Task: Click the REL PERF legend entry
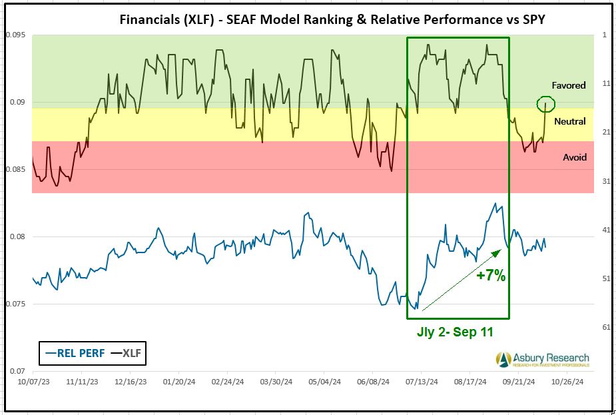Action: pos(74,354)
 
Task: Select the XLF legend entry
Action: pos(129,354)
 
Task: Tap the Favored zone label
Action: pos(568,85)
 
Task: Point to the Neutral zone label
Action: pos(569,121)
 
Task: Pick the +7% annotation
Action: pos(491,275)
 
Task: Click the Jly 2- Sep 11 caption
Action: pos(456,332)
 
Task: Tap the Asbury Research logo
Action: pos(543,360)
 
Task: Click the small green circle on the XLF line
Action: pos(545,103)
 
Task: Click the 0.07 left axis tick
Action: pos(16,371)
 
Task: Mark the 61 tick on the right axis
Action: pos(607,327)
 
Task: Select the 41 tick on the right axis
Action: pos(607,230)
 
